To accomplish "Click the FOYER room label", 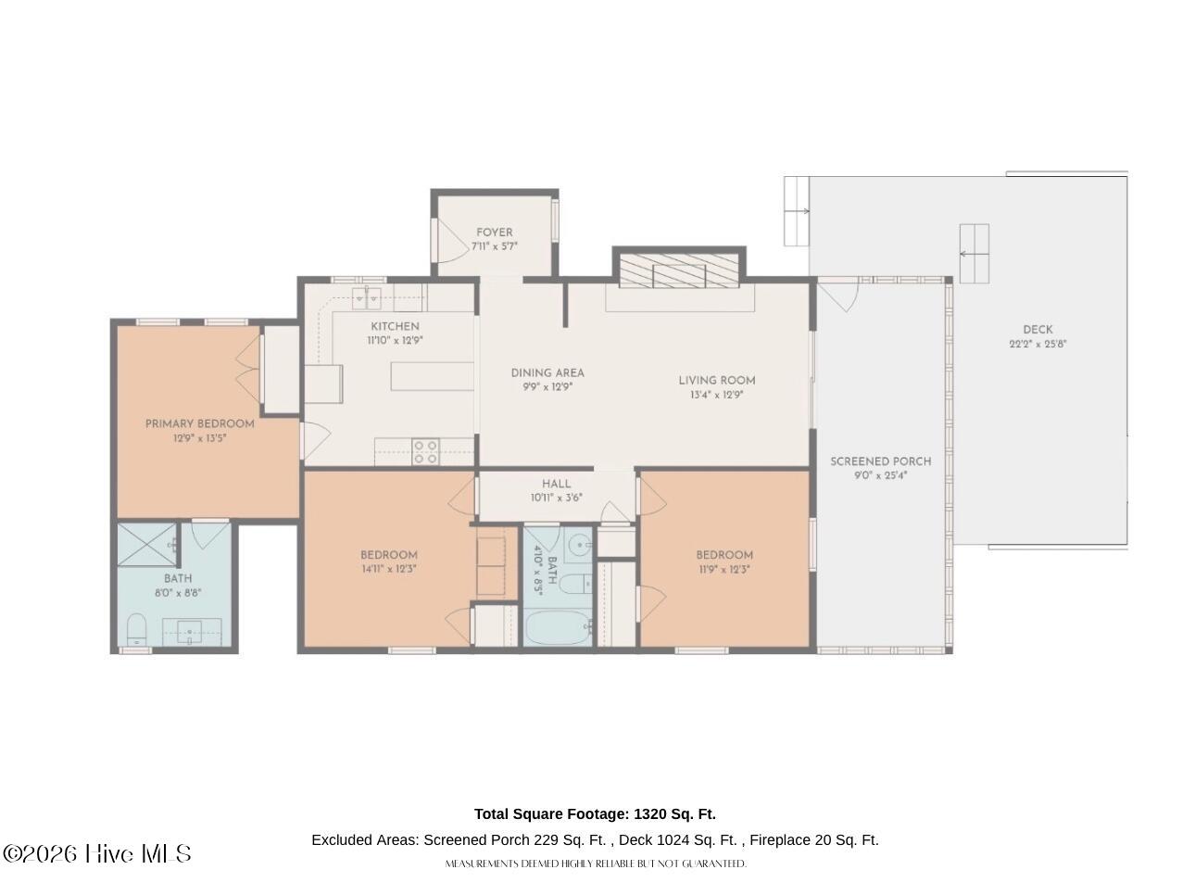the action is click(494, 233).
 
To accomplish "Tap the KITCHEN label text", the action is click(395, 327).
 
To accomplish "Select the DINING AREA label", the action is click(547, 373).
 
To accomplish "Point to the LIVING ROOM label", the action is click(716, 381).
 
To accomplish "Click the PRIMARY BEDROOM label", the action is click(200, 424).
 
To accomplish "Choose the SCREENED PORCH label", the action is click(880, 461).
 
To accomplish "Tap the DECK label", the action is click(1038, 330).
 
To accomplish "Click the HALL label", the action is click(557, 484).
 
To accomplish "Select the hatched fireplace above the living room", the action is click(679, 271).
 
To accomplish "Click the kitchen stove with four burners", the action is click(426, 452).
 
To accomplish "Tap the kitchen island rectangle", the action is click(432, 376).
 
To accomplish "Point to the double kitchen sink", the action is click(367, 298).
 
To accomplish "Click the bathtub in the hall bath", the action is click(559, 628).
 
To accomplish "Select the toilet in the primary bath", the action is click(136, 629).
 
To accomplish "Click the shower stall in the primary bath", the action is click(147, 545).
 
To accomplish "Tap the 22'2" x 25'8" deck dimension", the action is click(1038, 344).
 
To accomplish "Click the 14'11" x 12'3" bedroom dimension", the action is click(389, 570).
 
